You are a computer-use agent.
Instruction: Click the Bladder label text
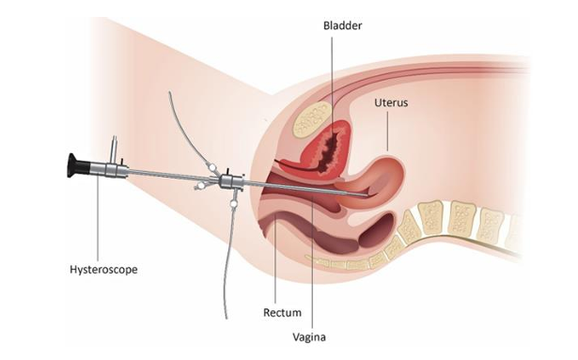[342, 25]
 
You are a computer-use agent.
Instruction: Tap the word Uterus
[391, 102]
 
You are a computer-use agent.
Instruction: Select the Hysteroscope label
[103, 270]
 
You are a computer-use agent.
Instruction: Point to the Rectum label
[282, 312]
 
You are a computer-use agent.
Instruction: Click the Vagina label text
[309, 337]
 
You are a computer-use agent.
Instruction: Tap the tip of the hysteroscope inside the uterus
[369, 195]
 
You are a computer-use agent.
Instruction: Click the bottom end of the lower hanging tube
[226, 318]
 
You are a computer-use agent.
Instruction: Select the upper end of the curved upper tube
[169, 93]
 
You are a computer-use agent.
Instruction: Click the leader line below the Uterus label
[387, 132]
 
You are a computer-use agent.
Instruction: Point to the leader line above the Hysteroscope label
[98, 218]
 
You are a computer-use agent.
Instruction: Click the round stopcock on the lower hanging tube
[233, 203]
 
